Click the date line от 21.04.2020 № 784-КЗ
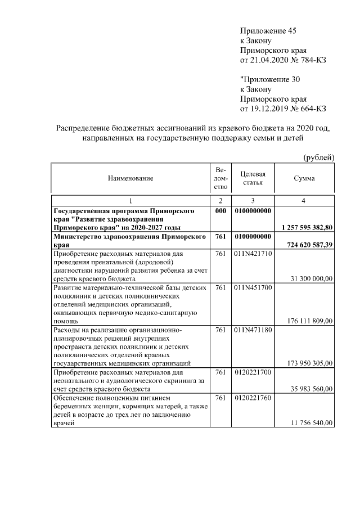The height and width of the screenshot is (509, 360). pyautogui.click(x=283, y=60)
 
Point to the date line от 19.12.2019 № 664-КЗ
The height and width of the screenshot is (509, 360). pyautogui.click(x=283, y=109)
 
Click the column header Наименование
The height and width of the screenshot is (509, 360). pyautogui.click(x=130, y=178)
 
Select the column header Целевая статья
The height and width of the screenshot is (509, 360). pyautogui.click(x=253, y=178)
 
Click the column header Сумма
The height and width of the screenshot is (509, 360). pyautogui.click(x=304, y=178)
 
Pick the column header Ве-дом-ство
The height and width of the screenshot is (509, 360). pyautogui.click(x=220, y=178)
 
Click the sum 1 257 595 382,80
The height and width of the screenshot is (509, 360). pyautogui.click(x=307, y=228)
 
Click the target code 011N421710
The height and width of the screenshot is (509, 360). pyautogui.click(x=253, y=254)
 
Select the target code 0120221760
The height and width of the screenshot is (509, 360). pyautogui.click(x=253, y=398)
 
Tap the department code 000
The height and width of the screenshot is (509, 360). pyautogui.click(x=220, y=211)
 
